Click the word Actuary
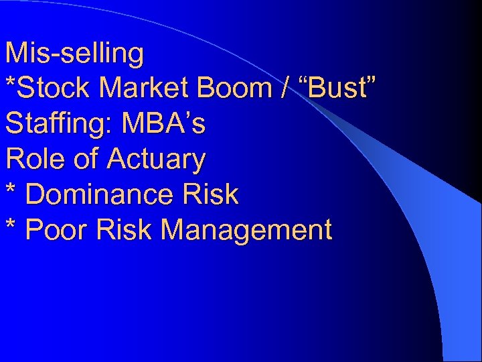pos(155,160)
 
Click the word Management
pos(247,230)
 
